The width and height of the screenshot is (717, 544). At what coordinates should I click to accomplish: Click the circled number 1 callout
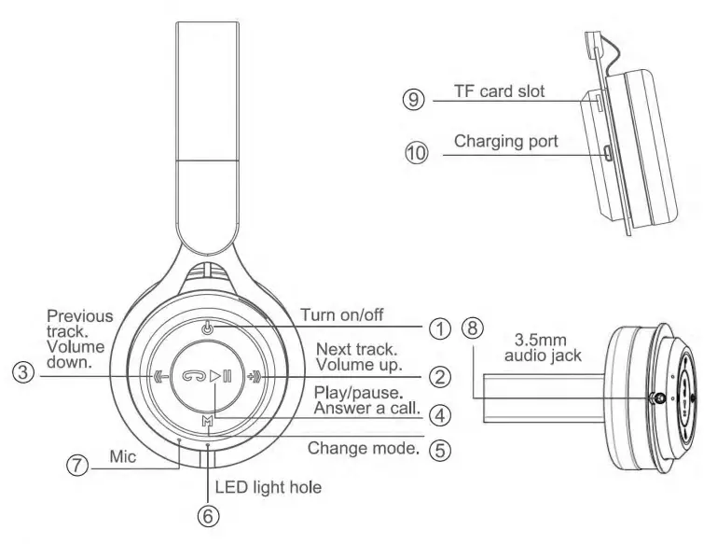click(x=439, y=328)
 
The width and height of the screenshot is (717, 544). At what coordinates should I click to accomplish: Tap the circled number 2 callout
click(x=439, y=377)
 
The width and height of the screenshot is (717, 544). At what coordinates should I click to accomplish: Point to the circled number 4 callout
click(x=439, y=411)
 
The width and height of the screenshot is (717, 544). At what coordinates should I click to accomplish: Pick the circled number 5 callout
click(x=439, y=449)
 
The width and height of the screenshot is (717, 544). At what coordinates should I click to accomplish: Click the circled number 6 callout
click(x=209, y=513)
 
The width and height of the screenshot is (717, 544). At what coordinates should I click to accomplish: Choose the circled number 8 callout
click(x=474, y=328)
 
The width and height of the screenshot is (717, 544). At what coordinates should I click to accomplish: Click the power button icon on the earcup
click(x=207, y=328)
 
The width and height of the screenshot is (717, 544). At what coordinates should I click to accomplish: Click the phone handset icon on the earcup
click(x=191, y=377)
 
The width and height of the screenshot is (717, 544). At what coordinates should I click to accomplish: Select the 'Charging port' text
click(x=507, y=143)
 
